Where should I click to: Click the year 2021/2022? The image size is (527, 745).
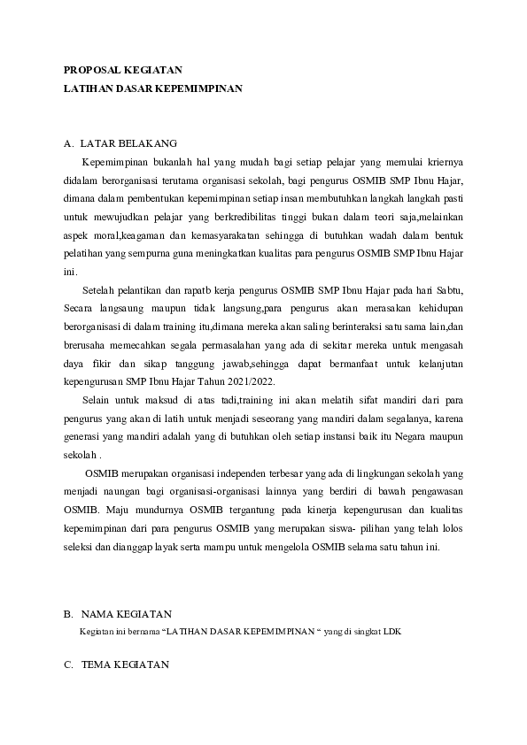click(x=251, y=381)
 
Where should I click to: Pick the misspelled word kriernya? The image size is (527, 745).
click(x=445, y=162)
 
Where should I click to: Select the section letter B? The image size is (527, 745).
click(x=67, y=614)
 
